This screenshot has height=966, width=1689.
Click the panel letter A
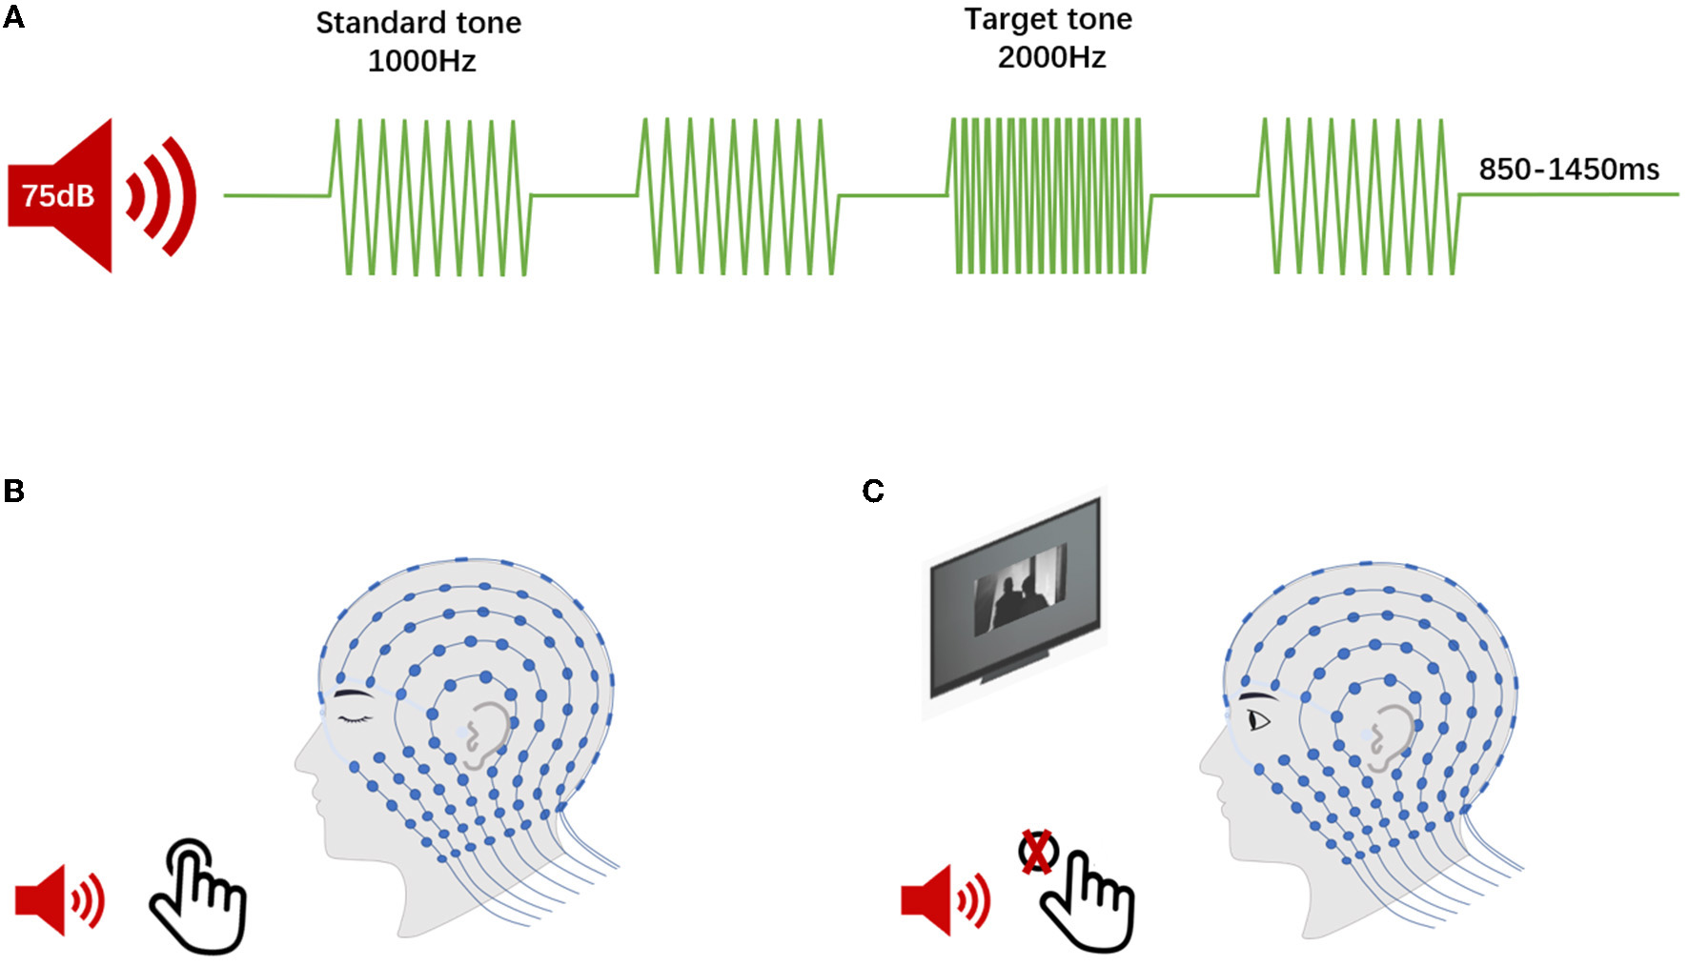[13, 17]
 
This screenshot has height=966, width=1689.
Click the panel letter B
[13, 491]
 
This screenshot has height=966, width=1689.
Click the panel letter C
[872, 491]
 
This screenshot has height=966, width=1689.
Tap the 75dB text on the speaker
[58, 196]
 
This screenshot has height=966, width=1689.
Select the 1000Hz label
[421, 61]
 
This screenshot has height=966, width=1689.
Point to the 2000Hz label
[1051, 57]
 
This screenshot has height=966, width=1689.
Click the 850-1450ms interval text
[1568, 170]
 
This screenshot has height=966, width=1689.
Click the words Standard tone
[418, 23]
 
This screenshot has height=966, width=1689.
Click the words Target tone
[1048, 19]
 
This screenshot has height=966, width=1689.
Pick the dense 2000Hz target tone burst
[1048, 195]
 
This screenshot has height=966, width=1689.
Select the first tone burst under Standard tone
[429, 196]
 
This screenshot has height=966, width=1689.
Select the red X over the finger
[1037, 851]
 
